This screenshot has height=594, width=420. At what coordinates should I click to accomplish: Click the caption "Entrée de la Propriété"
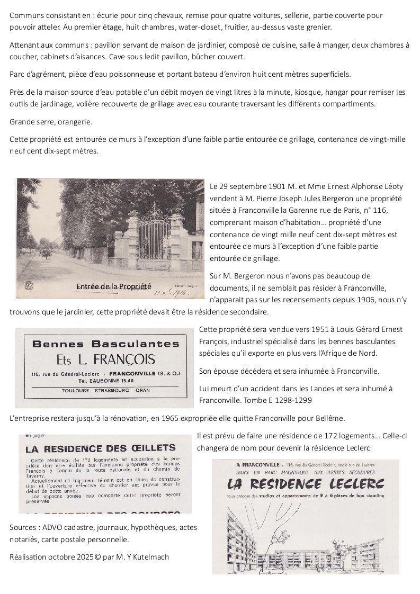pos(114,286)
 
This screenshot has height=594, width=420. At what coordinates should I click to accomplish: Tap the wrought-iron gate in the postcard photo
pos(154,238)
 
